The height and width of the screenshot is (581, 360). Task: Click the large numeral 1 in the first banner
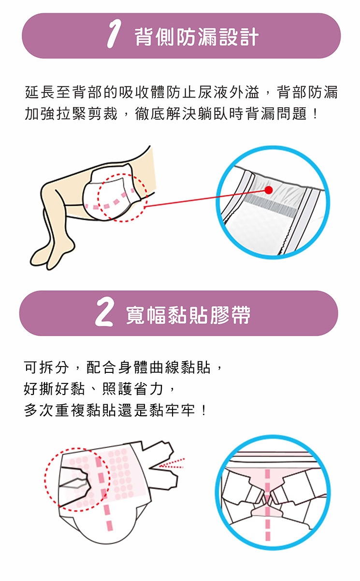[114, 34]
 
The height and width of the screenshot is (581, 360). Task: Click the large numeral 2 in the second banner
[104, 312]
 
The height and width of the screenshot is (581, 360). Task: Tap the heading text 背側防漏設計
[197, 37]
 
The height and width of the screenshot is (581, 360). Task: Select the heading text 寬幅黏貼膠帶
[188, 315]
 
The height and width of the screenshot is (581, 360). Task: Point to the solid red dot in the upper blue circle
[269, 190]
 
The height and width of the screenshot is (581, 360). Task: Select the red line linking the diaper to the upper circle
[205, 198]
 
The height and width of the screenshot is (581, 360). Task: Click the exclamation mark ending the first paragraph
[315, 114]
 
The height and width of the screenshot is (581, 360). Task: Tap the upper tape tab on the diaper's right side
[157, 453]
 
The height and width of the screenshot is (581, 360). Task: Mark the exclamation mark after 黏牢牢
[204, 411]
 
